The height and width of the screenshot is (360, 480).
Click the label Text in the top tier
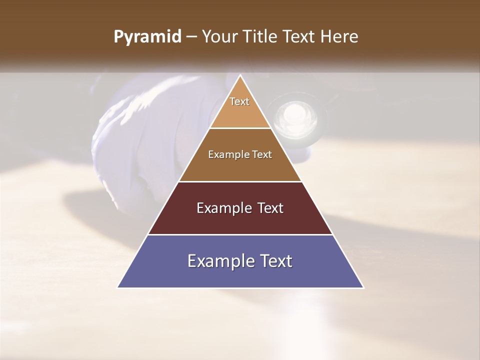(239, 101)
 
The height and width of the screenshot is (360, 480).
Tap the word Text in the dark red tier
(268, 208)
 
